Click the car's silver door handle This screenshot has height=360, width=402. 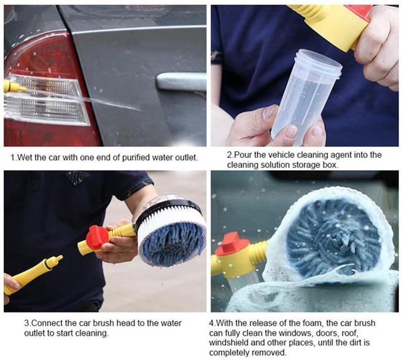[x=181, y=82]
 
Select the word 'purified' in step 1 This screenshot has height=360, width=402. [x=136, y=157]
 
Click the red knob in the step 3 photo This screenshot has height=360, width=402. [x=97, y=237]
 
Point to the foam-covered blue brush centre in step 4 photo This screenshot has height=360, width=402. [x=333, y=238]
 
